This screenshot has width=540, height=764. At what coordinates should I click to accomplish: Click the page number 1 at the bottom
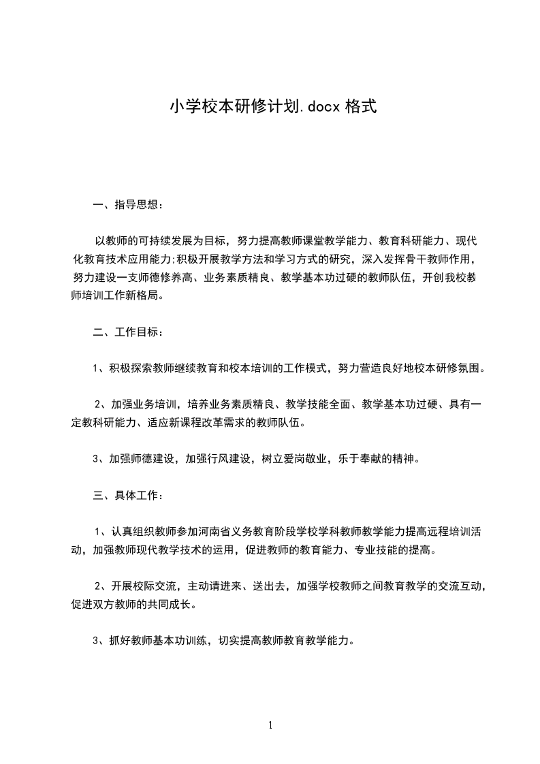270,725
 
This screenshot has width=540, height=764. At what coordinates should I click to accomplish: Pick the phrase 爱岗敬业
313,458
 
